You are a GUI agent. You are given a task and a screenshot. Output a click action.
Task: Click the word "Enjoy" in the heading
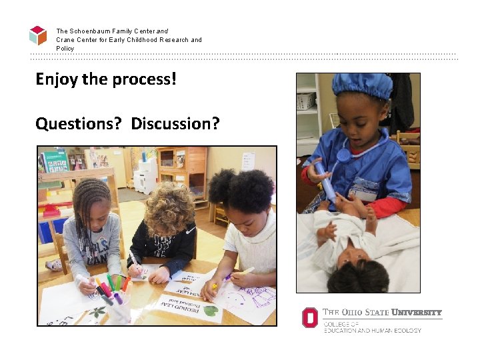coord(57,80)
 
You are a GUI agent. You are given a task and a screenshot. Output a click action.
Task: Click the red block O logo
coord(309,317)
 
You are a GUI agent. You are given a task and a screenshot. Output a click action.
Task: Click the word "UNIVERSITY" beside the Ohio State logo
coord(416,312)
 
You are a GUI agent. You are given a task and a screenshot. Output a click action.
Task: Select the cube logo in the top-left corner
coord(38,35)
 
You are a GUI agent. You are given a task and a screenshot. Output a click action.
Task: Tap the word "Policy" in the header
coord(65,49)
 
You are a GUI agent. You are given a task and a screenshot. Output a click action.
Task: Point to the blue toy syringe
coord(325,181)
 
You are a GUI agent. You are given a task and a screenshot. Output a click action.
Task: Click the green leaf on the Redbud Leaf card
coord(210,310)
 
